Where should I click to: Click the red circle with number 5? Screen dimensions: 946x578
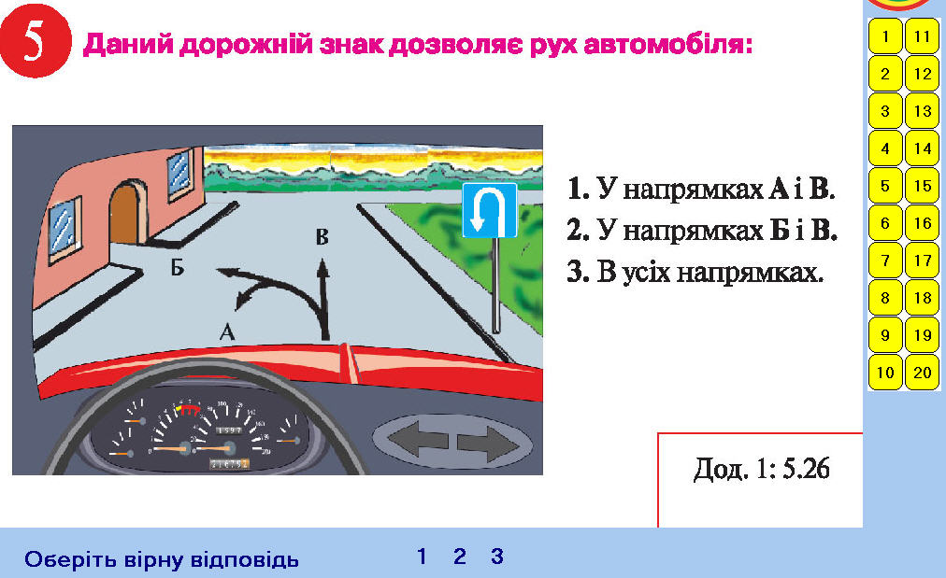(35, 42)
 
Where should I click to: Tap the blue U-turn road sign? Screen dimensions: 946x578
(489, 211)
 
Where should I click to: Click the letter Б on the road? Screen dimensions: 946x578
(177, 266)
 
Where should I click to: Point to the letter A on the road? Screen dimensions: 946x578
(227, 331)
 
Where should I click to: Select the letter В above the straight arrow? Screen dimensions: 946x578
(322, 237)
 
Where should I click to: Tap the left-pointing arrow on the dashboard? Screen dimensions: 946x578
(417, 439)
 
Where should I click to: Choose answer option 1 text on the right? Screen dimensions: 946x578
(701, 189)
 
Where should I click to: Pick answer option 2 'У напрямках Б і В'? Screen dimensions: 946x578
(702, 230)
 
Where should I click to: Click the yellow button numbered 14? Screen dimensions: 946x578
(923, 148)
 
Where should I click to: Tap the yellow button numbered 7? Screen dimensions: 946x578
(885, 261)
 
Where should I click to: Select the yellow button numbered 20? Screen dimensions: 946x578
(923, 373)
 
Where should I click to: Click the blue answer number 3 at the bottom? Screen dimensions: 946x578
(497, 557)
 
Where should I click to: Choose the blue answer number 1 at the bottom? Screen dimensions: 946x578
(422, 557)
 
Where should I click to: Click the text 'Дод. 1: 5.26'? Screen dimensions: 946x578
(762, 469)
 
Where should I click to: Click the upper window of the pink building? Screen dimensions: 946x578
(179, 175)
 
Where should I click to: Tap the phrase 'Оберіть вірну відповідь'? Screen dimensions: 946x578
(162, 560)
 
